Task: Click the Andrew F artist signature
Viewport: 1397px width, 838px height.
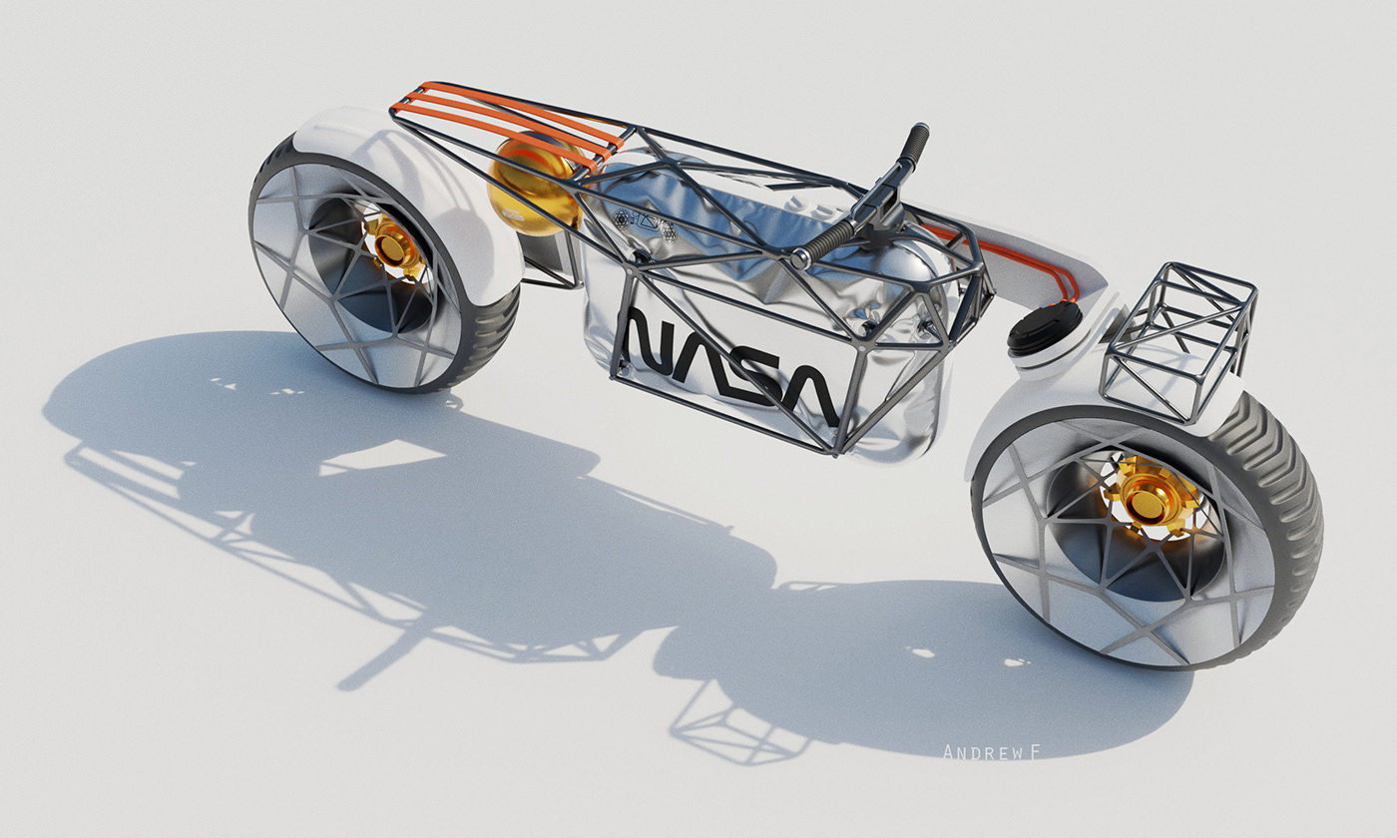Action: click(x=991, y=751)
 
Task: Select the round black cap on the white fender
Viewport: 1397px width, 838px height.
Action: click(x=1044, y=326)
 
